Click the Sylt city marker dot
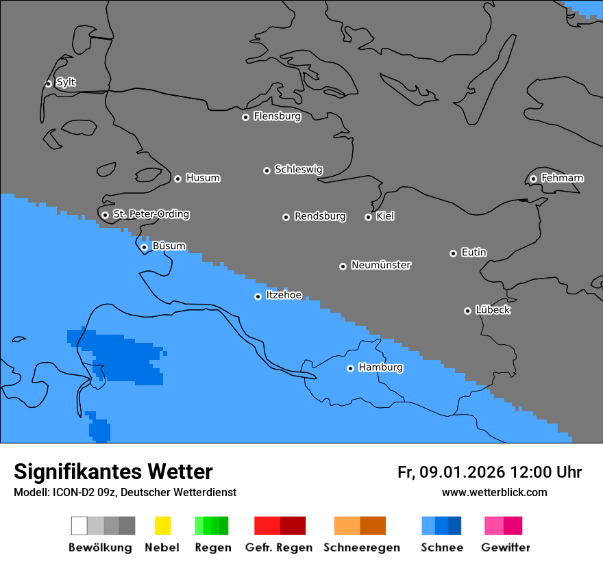click(48, 83)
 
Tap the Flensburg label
click(277, 116)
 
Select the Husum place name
click(203, 178)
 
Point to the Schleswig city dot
click(267, 170)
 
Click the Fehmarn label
click(562, 178)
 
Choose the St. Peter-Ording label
click(151, 214)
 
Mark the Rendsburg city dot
click(286, 217)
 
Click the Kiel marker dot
click(368, 217)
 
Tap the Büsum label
click(169, 246)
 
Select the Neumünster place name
click(381, 265)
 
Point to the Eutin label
click(473, 253)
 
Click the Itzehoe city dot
click(258, 296)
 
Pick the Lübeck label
click(493, 310)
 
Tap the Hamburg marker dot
click(350, 368)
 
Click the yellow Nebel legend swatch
click(162, 526)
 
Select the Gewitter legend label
click(506, 547)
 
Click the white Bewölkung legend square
click(79, 526)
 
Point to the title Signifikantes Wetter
click(113, 472)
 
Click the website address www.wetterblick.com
click(494, 492)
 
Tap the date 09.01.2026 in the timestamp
click(463, 472)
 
